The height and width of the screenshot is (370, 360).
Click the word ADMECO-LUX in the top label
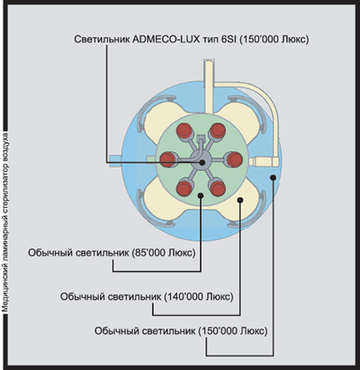166,41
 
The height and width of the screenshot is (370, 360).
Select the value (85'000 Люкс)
164,253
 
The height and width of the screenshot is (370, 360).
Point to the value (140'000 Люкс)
199,297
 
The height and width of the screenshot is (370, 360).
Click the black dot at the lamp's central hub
202,162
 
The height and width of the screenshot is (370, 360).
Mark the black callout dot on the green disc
201,195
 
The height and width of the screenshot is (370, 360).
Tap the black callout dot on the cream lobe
240,200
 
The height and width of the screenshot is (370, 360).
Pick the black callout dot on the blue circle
273,177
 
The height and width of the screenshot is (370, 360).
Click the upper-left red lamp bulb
184,131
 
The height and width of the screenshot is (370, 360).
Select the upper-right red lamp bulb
218,131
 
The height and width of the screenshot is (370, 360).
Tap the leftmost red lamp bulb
167,159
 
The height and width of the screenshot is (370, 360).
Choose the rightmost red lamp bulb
234,159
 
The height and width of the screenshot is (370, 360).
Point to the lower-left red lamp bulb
184,188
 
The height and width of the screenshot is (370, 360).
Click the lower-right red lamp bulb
218,188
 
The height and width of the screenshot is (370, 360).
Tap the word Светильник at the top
102,41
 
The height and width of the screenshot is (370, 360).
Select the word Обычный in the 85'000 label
46,253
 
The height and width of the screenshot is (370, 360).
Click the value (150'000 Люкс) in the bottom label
233,331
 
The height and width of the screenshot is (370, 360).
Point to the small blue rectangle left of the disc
115,158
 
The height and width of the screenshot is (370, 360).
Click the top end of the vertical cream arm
209,60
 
